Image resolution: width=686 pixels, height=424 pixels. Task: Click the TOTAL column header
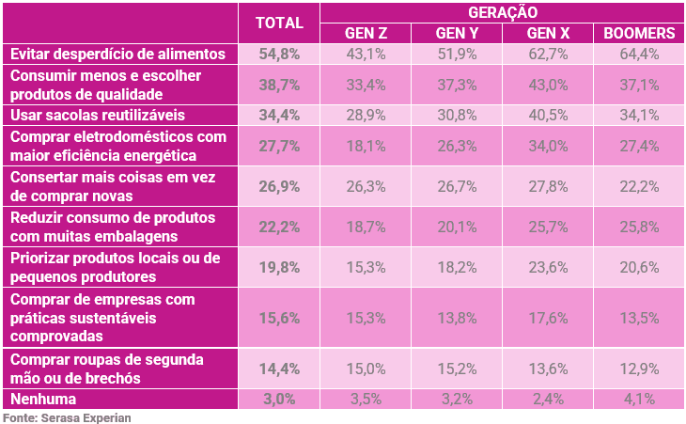click(279, 23)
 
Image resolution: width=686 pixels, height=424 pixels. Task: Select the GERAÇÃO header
click(502, 12)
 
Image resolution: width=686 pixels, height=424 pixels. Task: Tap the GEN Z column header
click(366, 34)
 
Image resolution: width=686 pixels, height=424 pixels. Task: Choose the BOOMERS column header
click(639, 34)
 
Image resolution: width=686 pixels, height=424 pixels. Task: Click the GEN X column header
click(548, 34)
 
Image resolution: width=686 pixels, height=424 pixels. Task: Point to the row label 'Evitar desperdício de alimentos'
click(117, 55)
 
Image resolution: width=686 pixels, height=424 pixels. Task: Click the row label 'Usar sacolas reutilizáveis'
click(99, 116)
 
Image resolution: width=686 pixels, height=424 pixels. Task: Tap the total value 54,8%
click(279, 55)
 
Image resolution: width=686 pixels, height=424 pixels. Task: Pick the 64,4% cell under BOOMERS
click(639, 55)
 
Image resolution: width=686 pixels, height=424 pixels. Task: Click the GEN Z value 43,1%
click(366, 55)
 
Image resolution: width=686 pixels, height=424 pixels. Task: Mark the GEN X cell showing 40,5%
click(548, 116)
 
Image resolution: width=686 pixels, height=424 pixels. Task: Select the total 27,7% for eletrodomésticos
click(279, 147)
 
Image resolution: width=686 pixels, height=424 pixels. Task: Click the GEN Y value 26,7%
click(457, 186)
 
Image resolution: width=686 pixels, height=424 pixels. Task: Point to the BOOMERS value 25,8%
click(639, 227)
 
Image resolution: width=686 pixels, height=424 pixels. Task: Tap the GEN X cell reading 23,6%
click(548, 267)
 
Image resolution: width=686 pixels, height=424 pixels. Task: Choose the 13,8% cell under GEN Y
click(457, 318)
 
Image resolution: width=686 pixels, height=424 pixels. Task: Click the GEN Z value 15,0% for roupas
click(366, 369)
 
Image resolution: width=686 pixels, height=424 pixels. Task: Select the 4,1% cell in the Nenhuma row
click(639, 399)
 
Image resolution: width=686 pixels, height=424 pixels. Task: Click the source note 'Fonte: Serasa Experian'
click(66, 416)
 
